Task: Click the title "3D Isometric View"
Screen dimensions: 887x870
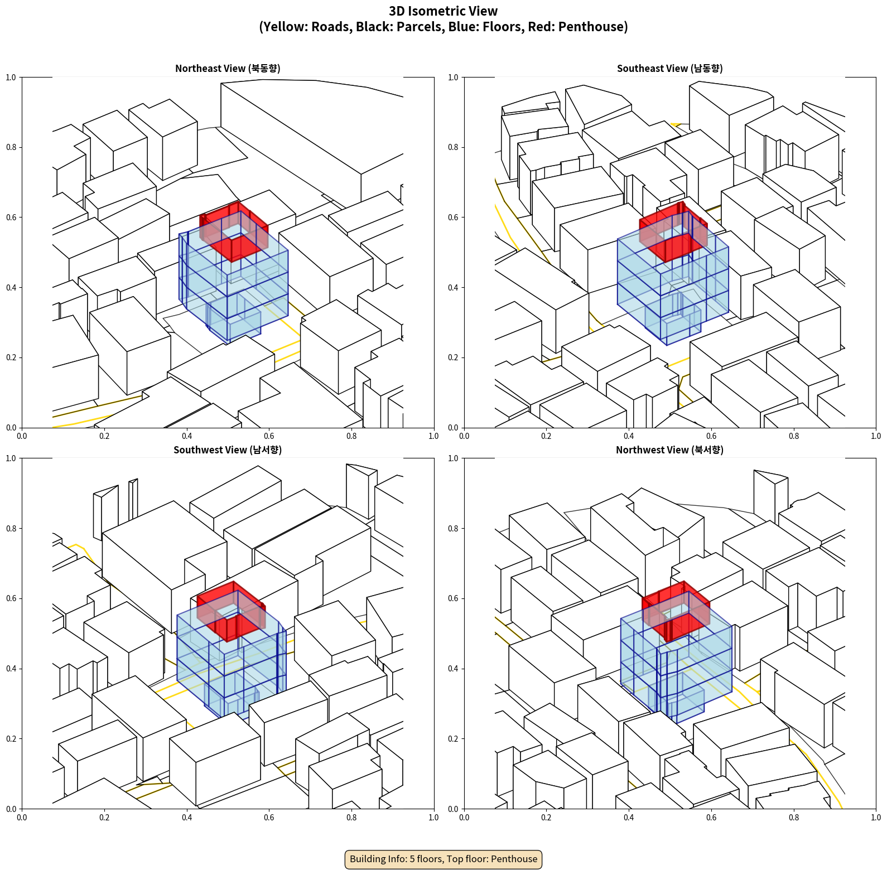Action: [443, 11]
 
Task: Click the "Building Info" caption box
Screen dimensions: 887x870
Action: [443, 859]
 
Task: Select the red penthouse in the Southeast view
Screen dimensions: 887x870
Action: [673, 232]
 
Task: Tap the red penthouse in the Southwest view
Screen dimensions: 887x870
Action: [231, 611]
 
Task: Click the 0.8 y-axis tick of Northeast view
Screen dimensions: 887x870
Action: [11, 147]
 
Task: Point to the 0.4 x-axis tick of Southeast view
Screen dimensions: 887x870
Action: [629, 436]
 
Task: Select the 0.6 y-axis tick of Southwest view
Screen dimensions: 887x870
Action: [11, 598]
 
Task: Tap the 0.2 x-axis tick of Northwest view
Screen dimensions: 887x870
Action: [546, 818]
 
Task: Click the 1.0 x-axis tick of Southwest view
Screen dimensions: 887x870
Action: [433, 818]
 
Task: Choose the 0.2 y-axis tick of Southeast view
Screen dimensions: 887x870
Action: [453, 357]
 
